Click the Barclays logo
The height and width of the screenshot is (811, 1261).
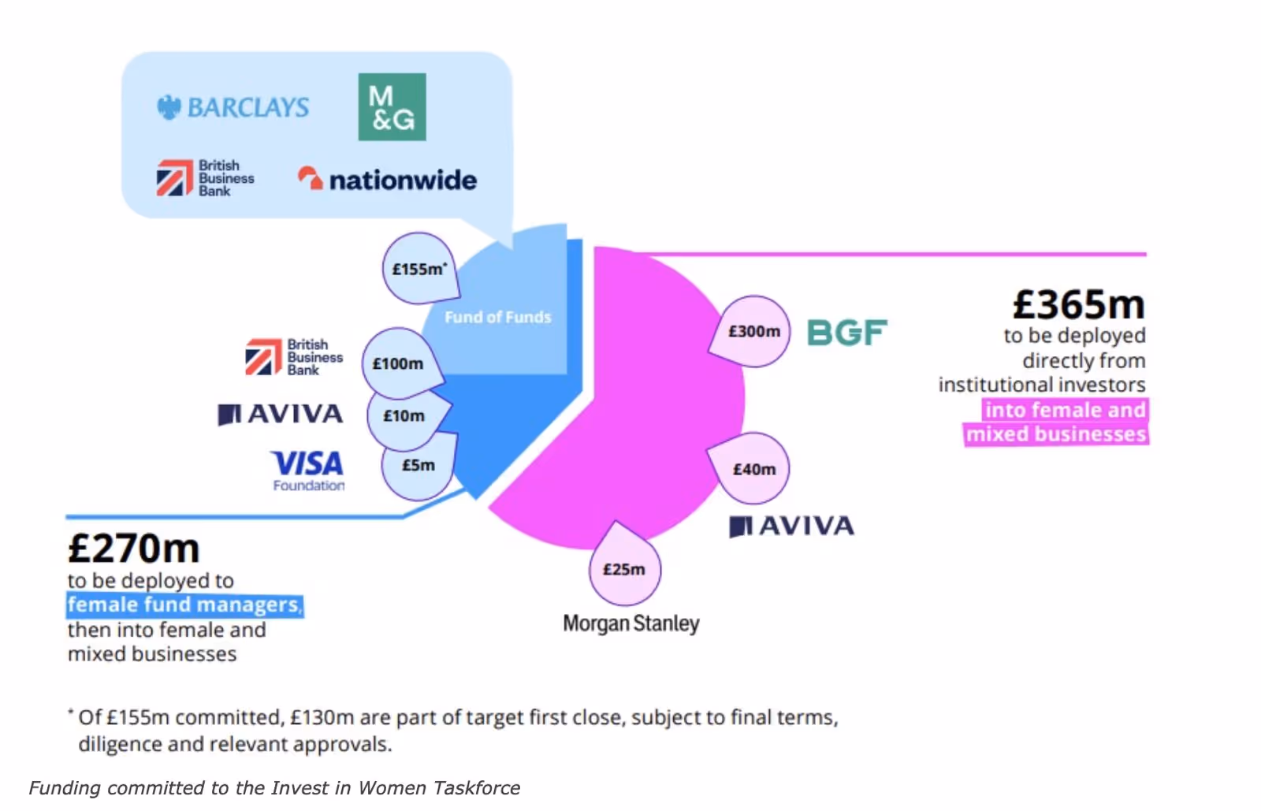[x=233, y=107]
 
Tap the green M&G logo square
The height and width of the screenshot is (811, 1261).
[x=392, y=107]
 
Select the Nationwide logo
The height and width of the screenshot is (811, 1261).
[x=387, y=180]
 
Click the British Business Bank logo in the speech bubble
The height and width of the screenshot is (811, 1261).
[x=205, y=178]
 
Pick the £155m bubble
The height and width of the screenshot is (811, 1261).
[x=419, y=269]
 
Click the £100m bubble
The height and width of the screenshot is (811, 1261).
[x=398, y=363]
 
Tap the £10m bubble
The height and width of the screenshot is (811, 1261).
[x=404, y=415]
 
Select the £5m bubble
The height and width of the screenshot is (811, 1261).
[x=418, y=465]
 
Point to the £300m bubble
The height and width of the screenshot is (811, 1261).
[x=754, y=331]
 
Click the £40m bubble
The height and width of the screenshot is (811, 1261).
[x=754, y=469]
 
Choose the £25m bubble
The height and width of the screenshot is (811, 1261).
[x=624, y=569]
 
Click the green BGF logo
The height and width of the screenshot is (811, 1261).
[x=847, y=333]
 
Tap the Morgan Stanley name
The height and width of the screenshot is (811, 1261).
[x=630, y=623]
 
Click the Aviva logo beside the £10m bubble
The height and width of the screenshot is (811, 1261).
[x=281, y=414]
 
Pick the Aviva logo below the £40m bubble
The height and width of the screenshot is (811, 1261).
[x=791, y=526]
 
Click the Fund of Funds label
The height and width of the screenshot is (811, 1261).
[x=498, y=317]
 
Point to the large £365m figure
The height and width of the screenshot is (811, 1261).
[x=1078, y=304]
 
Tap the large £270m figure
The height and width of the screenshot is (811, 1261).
[x=134, y=549]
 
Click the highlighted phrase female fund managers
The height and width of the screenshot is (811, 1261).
[x=184, y=605]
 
